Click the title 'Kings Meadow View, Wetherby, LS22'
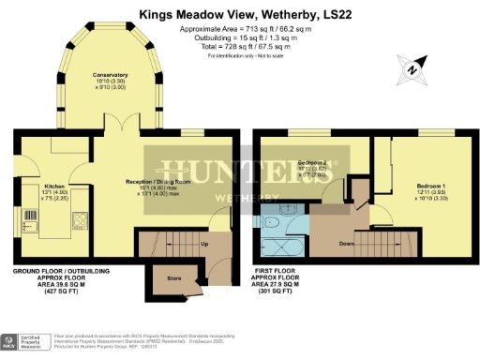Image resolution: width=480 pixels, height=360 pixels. coord(239,14)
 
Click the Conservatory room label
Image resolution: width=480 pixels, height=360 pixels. coord(111,74)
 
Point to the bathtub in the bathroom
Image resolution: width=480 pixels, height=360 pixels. coord(278,246)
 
